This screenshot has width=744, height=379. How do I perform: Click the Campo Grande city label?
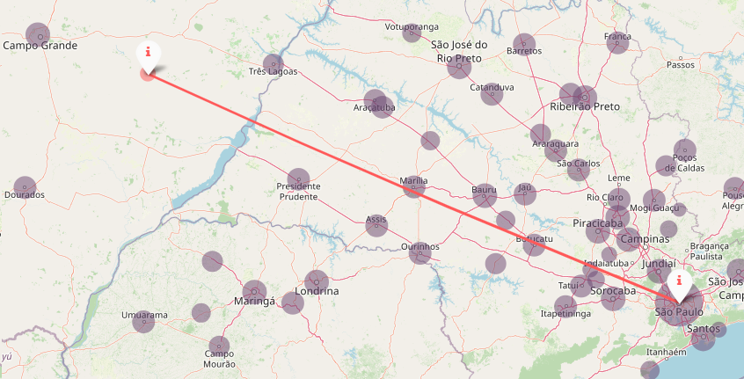[40, 45]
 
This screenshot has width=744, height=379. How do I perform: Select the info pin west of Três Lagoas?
[149, 54]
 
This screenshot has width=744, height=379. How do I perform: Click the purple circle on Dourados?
[25, 188]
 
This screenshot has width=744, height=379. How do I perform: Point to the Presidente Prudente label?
[298, 192]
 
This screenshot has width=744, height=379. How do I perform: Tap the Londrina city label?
[317, 291]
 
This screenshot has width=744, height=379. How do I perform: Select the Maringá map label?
[255, 302]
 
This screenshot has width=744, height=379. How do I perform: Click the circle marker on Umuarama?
[143, 322]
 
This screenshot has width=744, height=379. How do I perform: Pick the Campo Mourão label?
[219, 358]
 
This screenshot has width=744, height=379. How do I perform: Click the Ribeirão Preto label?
[585, 106]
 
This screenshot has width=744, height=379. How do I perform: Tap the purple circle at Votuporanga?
[412, 33]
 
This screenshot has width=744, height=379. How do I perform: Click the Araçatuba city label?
[374, 107]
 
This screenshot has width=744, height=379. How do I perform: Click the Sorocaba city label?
[613, 291]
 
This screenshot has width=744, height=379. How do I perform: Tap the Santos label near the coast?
[704, 329]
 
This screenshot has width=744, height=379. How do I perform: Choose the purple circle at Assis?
[376, 226]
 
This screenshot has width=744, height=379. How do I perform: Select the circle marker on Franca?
[618, 42]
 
